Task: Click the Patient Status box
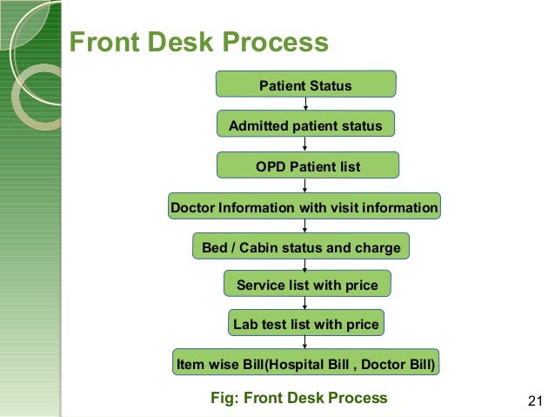(305, 84)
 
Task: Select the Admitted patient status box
(305, 125)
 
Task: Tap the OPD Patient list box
(307, 165)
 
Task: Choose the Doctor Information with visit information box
(304, 207)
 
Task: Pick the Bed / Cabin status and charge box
(301, 247)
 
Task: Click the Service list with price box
(307, 285)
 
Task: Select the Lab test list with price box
(306, 324)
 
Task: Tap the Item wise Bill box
(305, 362)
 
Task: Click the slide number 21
(535, 400)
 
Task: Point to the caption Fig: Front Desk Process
(299, 398)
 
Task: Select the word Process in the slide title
(277, 43)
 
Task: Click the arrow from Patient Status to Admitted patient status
(305, 104)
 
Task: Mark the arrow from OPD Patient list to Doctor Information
(305, 185)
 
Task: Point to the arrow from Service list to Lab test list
(305, 304)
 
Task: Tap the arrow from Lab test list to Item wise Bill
(305, 343)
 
